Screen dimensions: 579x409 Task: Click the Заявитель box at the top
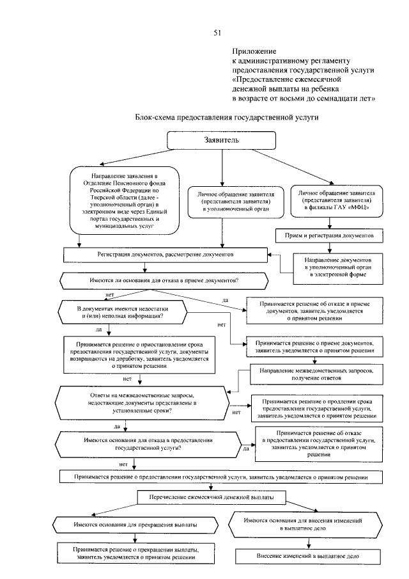tap(221, 139)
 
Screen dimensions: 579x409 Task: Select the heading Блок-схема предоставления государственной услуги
tap(226, 118)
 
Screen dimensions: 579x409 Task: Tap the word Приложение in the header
tap(253, 51)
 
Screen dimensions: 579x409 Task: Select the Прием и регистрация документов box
tap(329, 235)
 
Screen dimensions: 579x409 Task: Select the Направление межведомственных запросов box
tap(321, 373)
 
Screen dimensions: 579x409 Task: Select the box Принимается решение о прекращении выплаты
tap(134, 553)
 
